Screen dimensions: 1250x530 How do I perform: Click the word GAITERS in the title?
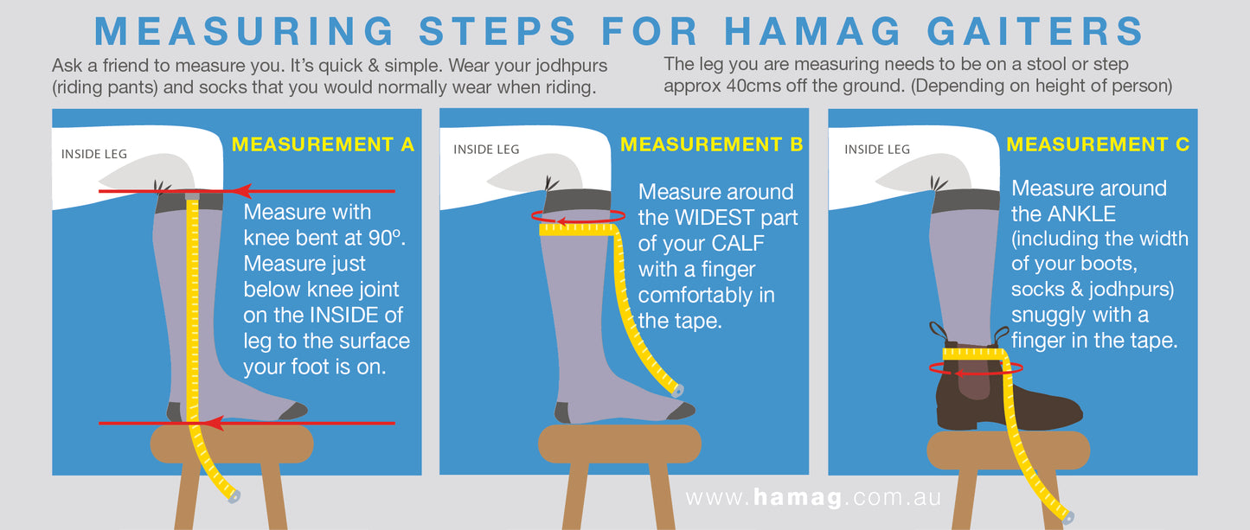point(1035,30)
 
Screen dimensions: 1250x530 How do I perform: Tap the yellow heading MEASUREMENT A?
point(324,144)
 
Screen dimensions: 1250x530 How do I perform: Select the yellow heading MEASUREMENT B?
point(711,144)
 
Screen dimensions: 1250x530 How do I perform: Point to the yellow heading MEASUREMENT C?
point(1099,144)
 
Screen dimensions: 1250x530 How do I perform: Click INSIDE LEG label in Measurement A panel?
point(94,154)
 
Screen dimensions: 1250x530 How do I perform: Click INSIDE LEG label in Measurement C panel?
point(877,150)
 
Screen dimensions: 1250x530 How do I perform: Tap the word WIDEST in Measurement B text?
point(714,218)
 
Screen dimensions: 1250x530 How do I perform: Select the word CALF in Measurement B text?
point(737,243)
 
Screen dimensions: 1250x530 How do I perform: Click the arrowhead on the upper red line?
point(241,191)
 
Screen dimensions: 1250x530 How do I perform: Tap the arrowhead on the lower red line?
point(215,424)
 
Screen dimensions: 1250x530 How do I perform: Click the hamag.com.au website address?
point(814,497)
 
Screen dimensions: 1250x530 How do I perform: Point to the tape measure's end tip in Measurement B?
point(677,390)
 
